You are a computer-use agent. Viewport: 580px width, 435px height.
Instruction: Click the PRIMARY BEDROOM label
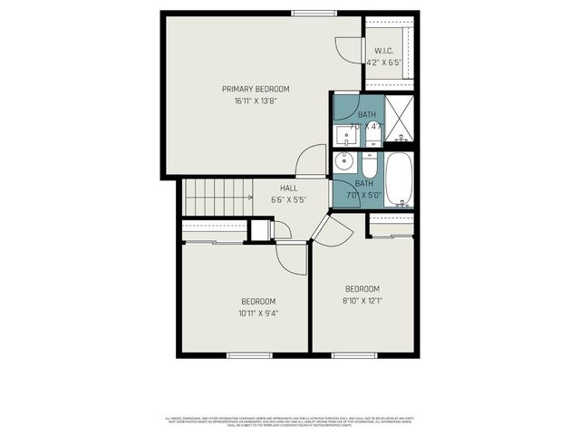[x=256, y=89]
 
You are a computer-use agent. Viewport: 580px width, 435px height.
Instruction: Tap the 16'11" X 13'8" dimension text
[x=256, y=101]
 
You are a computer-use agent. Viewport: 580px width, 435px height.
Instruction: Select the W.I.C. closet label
[x=382, y=51]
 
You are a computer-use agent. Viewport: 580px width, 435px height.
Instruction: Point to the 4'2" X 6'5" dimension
[x=383, y=63]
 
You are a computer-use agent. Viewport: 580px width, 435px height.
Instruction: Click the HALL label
[x=288, y=188]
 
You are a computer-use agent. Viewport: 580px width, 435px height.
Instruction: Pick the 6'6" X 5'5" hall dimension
[x=288, y=199]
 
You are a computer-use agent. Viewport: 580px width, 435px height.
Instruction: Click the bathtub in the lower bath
[x=399, y=179]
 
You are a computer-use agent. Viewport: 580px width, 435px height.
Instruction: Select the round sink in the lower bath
[x=343, y=163]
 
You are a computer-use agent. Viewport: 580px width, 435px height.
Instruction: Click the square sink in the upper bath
[x=346, y=137]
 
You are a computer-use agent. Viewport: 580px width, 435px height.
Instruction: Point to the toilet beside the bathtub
[x=370, y=167]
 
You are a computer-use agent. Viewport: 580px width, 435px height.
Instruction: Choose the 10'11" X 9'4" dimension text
[x=258, y=314]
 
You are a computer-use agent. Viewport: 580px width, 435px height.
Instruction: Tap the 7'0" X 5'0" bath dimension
[x=366, y=194]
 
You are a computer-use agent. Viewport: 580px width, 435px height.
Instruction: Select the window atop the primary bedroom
[x=314, y=13]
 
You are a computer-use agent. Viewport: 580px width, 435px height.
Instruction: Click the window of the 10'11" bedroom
[x=249, y=354]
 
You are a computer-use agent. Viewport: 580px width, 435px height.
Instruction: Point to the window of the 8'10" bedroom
[x=353, y=354]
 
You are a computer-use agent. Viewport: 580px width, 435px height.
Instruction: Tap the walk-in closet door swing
[x=346, y=51]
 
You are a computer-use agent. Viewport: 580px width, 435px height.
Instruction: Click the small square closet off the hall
[x=260, y=229]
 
